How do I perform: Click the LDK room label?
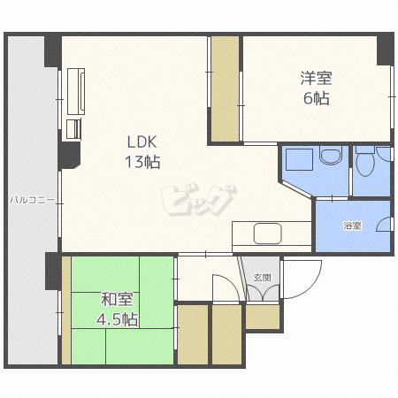click(x=142, y=142)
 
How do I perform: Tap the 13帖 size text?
click(x=142, y=162)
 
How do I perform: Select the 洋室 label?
click(x=316, y=78)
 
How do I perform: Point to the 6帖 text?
click(x=317, y=98)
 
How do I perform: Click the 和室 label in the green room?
click(x=117, y=299)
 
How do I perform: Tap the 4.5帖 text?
click(x=117, y=319)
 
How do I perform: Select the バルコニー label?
click(x=33, y=200)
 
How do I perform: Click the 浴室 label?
click(x=352, y=226)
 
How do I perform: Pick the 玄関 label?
click(x=262, y=278)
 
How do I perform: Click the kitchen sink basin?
click(x=268, y=233)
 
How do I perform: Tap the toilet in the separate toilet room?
click(x=365, y=164)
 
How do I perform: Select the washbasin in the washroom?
click(x=331, y=156)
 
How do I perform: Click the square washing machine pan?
click(x=299, y=159)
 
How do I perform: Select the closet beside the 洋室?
click(x=226, y=88)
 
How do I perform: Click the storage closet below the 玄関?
click(x=263, y=317)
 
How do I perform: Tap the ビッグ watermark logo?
click(x=199, y=200)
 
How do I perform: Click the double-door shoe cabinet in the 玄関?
click(x=263, y=292)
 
